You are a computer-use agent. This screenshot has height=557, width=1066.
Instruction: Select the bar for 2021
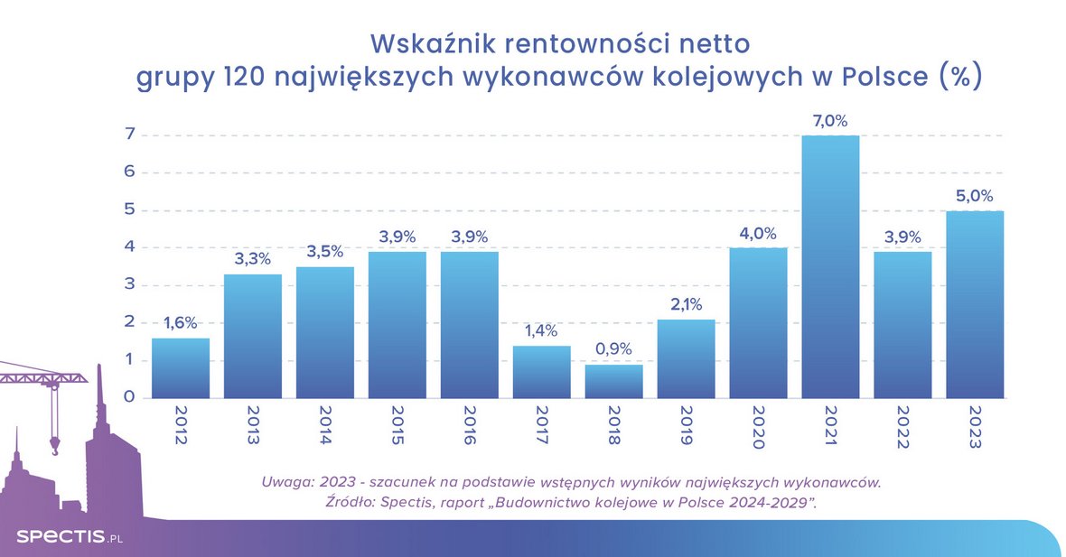[x=830, y=267]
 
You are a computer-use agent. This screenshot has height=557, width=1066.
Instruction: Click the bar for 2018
[x=613, y=381]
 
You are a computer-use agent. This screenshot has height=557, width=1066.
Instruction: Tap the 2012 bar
[x=181, y=368]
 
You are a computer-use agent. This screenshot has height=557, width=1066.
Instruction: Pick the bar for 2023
[x=975, y=304]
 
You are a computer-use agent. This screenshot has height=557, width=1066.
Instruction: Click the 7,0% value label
[x=830, y=121]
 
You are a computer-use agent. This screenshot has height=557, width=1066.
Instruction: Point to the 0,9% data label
[x=613, y=349]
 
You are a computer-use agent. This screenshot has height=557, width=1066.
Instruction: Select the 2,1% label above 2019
[x=686, y=304]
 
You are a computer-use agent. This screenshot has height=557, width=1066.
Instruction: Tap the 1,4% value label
[x=541, y=330]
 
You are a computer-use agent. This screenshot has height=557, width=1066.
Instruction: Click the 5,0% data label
[x=975, y=196]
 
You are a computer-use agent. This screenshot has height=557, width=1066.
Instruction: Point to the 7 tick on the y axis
[x=130, y=135]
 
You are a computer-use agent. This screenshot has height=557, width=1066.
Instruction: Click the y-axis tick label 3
[x=130, y=284]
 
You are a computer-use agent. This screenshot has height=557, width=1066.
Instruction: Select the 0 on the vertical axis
[x=130, y=397]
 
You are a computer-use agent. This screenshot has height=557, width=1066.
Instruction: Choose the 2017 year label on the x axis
[x=541, y=427]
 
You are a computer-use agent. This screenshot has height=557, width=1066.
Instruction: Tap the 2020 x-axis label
[x=758, y=427]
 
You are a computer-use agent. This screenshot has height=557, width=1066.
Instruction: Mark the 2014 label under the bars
[x=325, y=427]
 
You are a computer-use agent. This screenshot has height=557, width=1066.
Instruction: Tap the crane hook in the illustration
[x=55, y=443]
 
